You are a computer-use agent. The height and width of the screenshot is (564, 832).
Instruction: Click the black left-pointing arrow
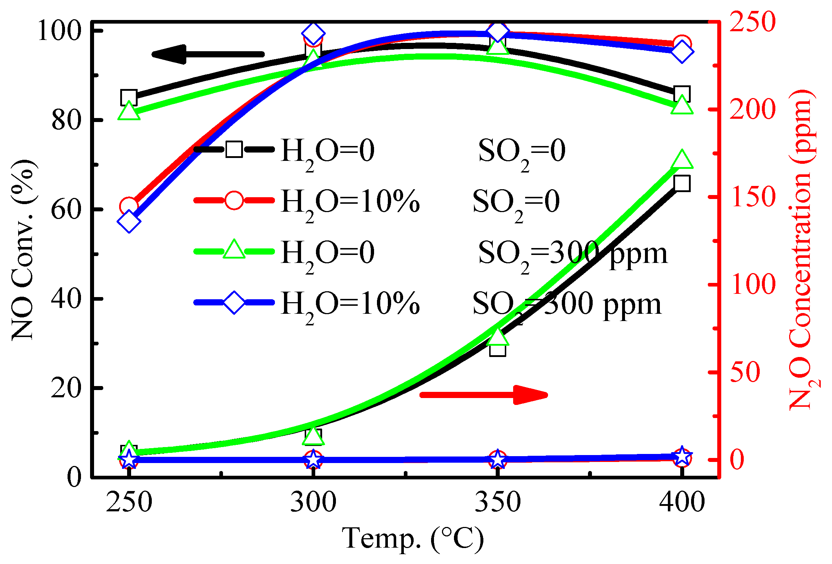[208, 54]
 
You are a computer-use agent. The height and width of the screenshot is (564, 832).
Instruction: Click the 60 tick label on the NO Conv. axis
[66, 210]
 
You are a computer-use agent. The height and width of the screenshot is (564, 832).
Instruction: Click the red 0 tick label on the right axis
[737, 459]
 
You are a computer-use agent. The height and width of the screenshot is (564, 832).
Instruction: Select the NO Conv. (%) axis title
[24, 251]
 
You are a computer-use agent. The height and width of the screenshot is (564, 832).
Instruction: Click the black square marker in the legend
[234, 149]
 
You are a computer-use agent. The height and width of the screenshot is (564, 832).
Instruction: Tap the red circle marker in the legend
[234, 200]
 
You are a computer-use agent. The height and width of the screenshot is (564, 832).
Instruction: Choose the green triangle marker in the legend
[234, 250]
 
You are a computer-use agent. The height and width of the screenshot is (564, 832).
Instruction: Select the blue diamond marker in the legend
[234, 302]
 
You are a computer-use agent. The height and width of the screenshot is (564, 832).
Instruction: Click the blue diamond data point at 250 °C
[129, 222]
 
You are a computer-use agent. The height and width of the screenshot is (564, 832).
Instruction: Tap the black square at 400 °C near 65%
[682, 183]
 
